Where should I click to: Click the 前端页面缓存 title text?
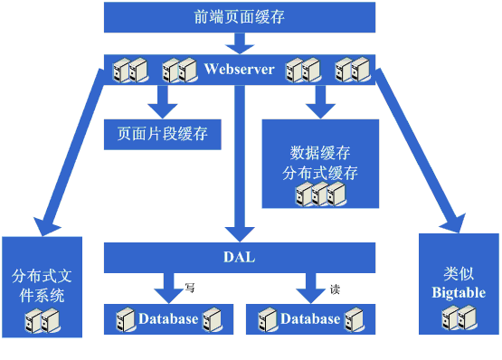click(x=239, y=17)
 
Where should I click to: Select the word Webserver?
click(x=239, y=69)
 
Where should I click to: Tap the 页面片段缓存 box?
click(x=163, y=135)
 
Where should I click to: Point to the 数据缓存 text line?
click(x=320, y=153)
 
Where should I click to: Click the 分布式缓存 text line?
click(x=320, y=173)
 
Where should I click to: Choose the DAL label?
click(x=239, y=257)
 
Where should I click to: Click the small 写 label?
click(x=190, y=288)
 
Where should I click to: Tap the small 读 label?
click(x=335, y=289)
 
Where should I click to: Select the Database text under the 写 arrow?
click(x=168, y=318)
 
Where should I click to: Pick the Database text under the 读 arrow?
click(x=310, y=318)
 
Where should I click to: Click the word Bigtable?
click(x=459, y=292)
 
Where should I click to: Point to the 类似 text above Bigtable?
click(x=459, y=274)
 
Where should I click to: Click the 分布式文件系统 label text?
click(x=42, y=286)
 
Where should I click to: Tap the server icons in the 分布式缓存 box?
click(x=320, y=194)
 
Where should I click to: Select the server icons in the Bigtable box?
click(x=459, y=317)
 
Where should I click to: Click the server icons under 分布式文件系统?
click(x=43, y=320)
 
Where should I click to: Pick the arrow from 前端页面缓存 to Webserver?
click(x=240, y=43)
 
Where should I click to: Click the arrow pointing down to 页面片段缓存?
click(x=163, y=102)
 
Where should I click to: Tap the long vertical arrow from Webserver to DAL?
click(x=240, y=164)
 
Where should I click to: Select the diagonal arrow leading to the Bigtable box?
click(x=420, y=150)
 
